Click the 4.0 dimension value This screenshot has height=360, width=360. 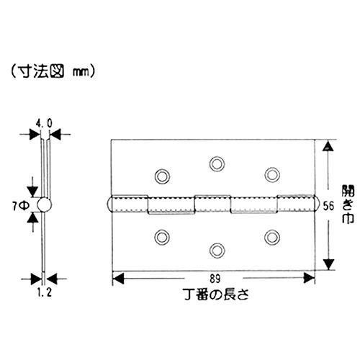44,124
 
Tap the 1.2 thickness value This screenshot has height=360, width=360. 45,292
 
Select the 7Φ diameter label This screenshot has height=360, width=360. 21,206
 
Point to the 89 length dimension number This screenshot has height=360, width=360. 215,279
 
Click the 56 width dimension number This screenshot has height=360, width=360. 328,206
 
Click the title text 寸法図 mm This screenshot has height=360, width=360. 53,71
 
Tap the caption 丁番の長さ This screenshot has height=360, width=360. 216,294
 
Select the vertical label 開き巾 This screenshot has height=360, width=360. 348,204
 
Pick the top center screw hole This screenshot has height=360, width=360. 217,164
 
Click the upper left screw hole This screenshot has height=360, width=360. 162,176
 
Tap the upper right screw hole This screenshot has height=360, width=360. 272,174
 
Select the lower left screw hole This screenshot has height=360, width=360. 162,237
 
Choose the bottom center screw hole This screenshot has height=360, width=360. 217,251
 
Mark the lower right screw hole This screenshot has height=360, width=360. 272,237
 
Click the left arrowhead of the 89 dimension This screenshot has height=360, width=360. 118,279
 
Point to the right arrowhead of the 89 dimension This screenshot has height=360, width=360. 309,279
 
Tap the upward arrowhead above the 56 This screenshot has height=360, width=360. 328,146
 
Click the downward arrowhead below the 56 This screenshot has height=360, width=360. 328,264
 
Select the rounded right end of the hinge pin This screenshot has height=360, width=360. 316,204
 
